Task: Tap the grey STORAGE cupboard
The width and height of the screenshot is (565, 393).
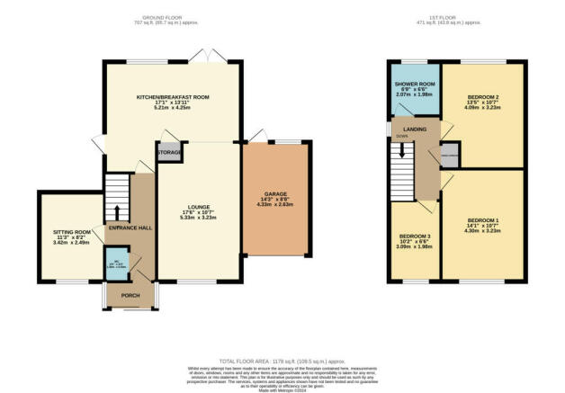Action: point(169,153)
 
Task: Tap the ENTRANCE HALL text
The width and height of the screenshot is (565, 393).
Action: point(130,228)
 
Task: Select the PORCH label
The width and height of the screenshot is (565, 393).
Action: point(130,295)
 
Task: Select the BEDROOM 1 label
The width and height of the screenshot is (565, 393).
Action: point(483,220)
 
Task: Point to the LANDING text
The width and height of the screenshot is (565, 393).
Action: point(415,130)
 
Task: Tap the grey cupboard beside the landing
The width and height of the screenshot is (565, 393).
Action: point(449,156)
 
